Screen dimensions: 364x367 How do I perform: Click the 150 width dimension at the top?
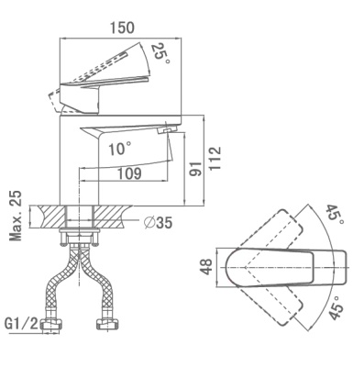[122, 28]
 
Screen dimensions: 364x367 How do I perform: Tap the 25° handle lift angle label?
[161, 53]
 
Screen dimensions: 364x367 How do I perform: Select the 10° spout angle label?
[120, 149]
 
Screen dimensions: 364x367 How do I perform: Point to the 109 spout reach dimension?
[129, 173]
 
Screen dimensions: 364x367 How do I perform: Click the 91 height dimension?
[195, 168]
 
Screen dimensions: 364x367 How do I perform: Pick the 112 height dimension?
[215, 158]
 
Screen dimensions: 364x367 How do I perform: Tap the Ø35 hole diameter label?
[159, 223]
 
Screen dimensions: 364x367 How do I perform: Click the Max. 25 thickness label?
[16, 216]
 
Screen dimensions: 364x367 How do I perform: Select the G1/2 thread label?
[21, 324]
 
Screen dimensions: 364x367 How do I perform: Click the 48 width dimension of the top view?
[207, 267]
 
